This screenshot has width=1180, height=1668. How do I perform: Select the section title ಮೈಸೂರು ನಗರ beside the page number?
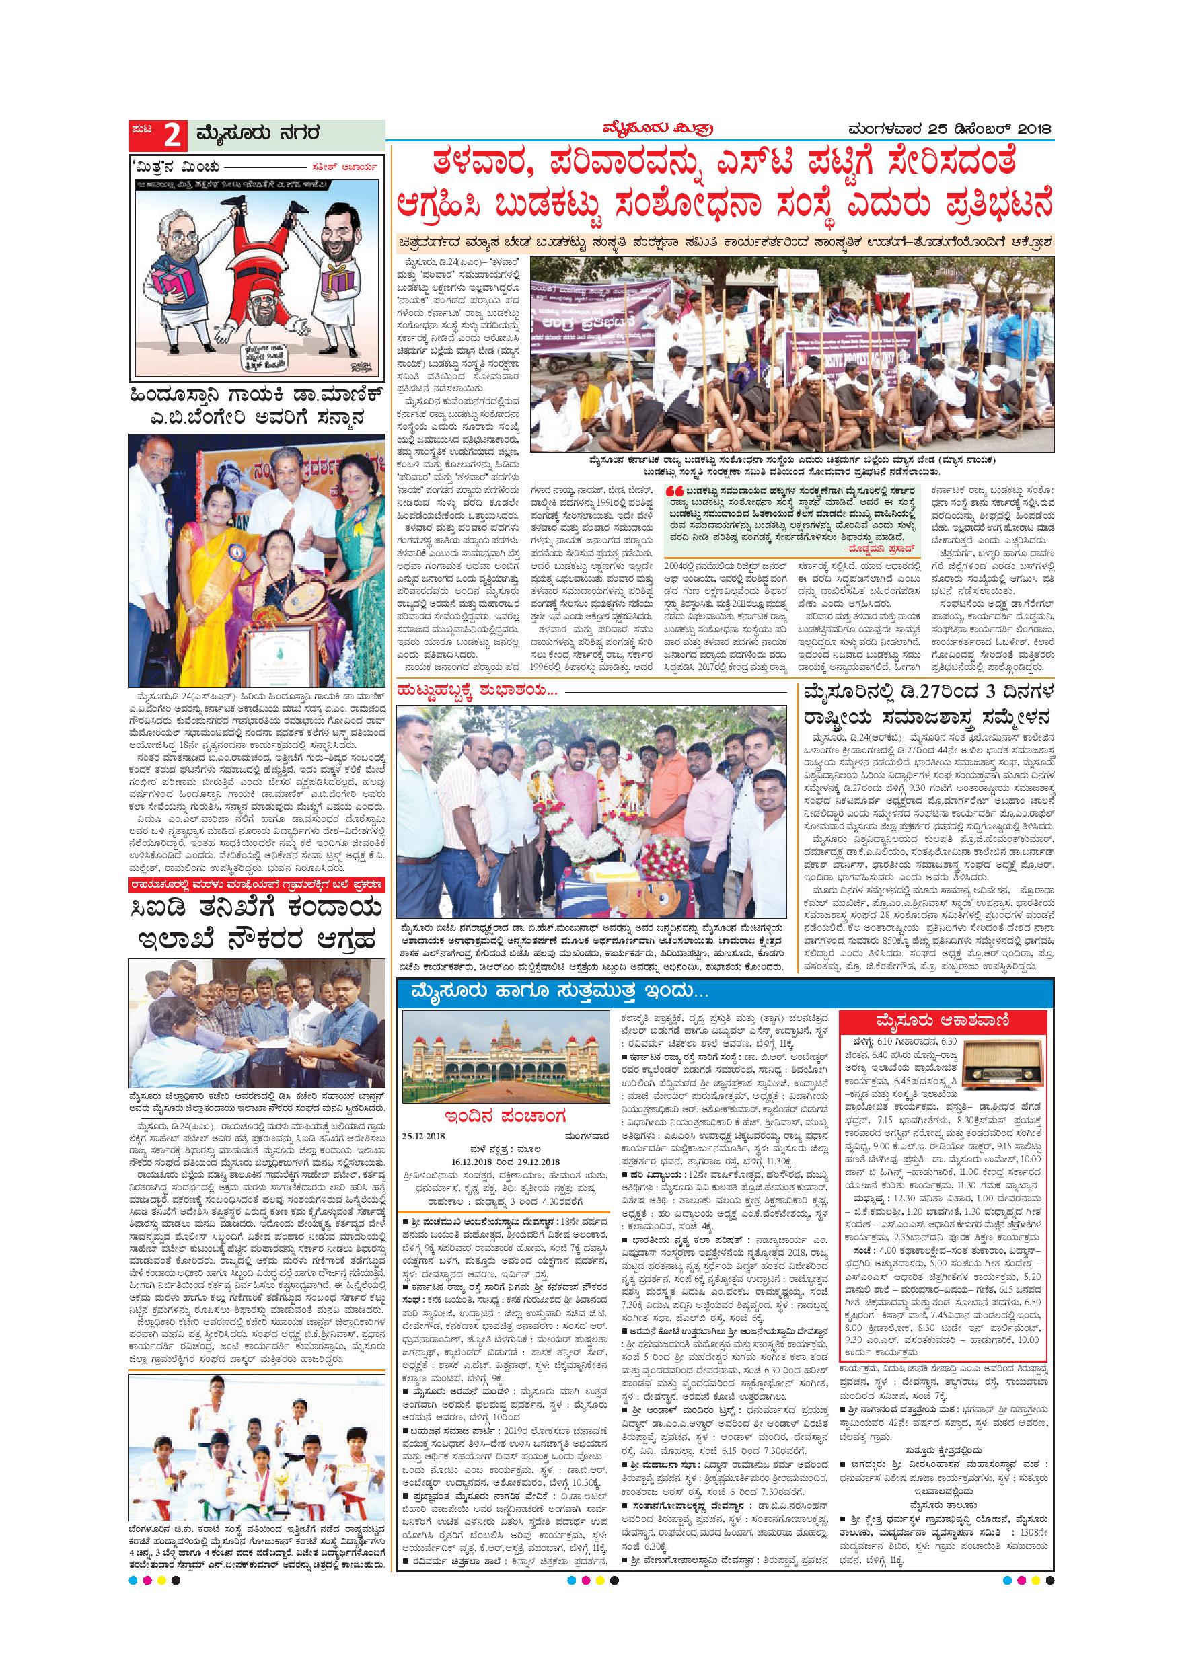point(256,135)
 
